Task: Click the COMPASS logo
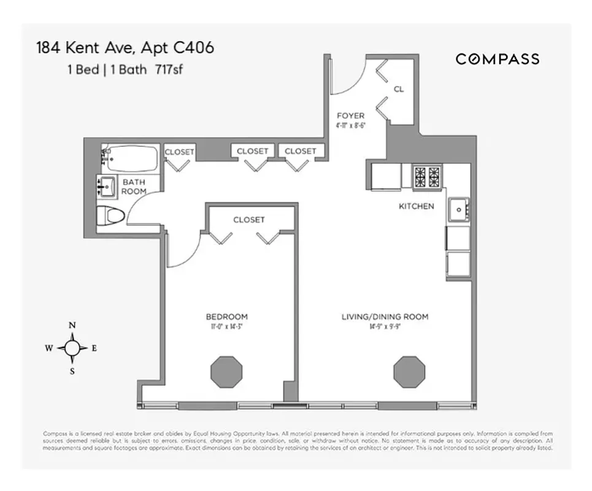click(497, 59)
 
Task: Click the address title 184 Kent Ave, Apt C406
click(125, 48)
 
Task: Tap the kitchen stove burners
click(426, 177)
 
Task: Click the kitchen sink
click(458, 210)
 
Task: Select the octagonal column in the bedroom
click(226, 371)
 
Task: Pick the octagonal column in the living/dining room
click(409, 371)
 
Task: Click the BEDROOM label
click(226, 317)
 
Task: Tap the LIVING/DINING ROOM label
click(385, 317)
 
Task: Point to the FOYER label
click(350, 115)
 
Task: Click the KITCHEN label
click(416, 206)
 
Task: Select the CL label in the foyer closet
click(399, 90)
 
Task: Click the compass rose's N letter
click(72, 326)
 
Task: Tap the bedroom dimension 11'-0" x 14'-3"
click(226, 327)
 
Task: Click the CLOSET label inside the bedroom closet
click(248, 220)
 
